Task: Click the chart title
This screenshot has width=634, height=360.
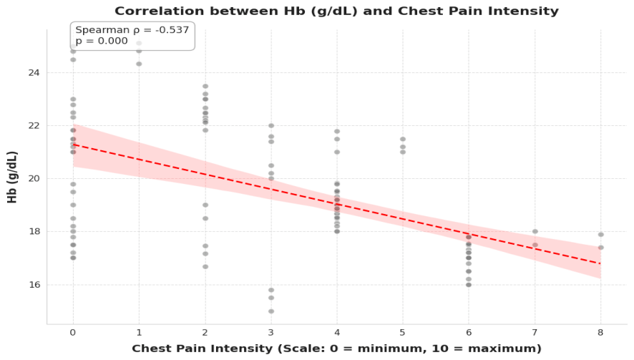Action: click(336, 11)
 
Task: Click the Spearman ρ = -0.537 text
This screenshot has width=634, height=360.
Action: click(132, 30)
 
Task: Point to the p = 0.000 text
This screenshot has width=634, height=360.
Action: click(102, 41)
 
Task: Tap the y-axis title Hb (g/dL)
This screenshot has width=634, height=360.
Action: click(12, 177)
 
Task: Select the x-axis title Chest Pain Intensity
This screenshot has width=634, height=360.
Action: click(336, 349)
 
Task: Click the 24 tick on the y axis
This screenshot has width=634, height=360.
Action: click(34, 73)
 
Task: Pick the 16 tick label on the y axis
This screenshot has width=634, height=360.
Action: click(34, 285)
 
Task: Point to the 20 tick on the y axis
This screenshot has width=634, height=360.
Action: click(34, 179)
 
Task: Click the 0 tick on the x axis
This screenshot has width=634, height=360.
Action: click(73, 333)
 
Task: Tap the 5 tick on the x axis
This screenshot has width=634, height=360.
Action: click(402, 333)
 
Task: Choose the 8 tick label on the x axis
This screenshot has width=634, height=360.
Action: click(600, 333)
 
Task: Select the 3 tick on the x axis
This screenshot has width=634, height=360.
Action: click(271, 333)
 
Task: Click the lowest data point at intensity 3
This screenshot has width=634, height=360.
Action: click(271, 311)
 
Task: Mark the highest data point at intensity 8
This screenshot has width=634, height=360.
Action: click(601, 235)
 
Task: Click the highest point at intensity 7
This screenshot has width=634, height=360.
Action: click(535, 231)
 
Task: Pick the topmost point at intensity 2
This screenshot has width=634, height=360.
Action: click(205, 86)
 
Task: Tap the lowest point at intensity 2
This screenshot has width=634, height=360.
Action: click(205, 266)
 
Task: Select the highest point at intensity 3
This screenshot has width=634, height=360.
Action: click(271, 126)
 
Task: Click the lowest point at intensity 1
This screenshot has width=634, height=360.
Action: click(139, 64)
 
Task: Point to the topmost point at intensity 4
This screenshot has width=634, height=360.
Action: click(337, 132)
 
